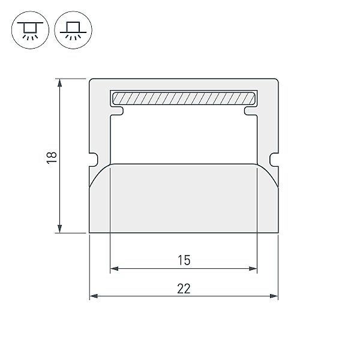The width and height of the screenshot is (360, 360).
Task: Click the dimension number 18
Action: click(x=52, y=157)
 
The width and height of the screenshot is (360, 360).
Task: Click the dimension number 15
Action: click(x=184, y=260)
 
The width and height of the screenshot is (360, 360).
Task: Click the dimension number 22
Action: click(x=184, y=289)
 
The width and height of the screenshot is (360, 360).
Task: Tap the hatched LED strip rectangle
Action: click(x=184, y=98)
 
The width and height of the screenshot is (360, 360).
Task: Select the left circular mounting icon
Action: click(x=30, y=30)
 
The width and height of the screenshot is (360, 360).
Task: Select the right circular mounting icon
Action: click(x=73, y=30)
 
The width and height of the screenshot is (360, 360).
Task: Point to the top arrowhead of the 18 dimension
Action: click(x=59, y=83)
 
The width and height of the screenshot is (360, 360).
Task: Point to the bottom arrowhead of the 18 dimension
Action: click(x=59, y=229)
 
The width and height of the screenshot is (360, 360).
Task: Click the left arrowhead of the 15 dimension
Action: click(x=114, y=268)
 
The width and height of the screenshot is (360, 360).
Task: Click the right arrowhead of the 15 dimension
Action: click(x=253, y=268)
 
